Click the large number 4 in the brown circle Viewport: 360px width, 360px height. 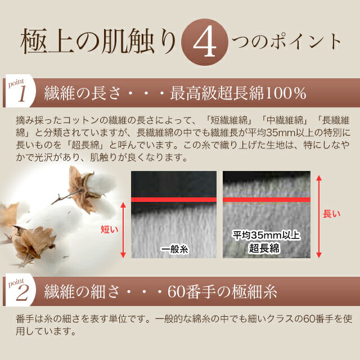click(x=205, y=43)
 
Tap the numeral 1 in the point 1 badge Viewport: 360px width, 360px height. click(x=22, y=95)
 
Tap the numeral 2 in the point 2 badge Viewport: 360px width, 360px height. click(x=22, y=294)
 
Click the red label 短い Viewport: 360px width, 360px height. click(x=110, y=229)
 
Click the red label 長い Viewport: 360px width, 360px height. click(x=331, y=214)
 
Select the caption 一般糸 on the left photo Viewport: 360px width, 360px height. click(x=174, y=249)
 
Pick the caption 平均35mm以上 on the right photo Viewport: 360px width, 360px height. click(x=266, y=235)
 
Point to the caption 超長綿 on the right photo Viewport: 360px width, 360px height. click(x=264, y=248)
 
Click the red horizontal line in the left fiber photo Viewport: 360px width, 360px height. click(x=174, y=200)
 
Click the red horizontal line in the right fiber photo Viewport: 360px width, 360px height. click(x=267, y=200)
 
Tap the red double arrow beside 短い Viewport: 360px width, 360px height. click(x=123, y=230)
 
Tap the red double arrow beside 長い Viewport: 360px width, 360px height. click(x=319, y=216)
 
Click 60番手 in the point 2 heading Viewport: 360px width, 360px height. click(x=191, y=292)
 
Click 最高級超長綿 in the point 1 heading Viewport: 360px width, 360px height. click(x=217, y=93)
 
